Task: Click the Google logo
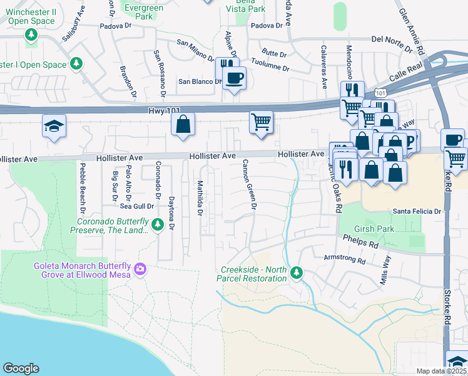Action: pyautogui.click(x=21, y=368)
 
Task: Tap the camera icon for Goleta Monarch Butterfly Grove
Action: pyautogui.click(x=140, y=269)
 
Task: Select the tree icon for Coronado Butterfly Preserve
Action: pyautogui.click(x=159, y=224)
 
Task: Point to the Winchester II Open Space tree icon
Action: pyautogui.click(x=31, y=36)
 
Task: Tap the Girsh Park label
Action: pyautogui.click(x=374, y=229)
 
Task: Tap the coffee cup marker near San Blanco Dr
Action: pyautogui.click(x=235, y=78)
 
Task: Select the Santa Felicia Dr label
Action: pyautogui.click(x=417, y=212)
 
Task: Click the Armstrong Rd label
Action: pyautogui.click(x=345, y=258)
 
